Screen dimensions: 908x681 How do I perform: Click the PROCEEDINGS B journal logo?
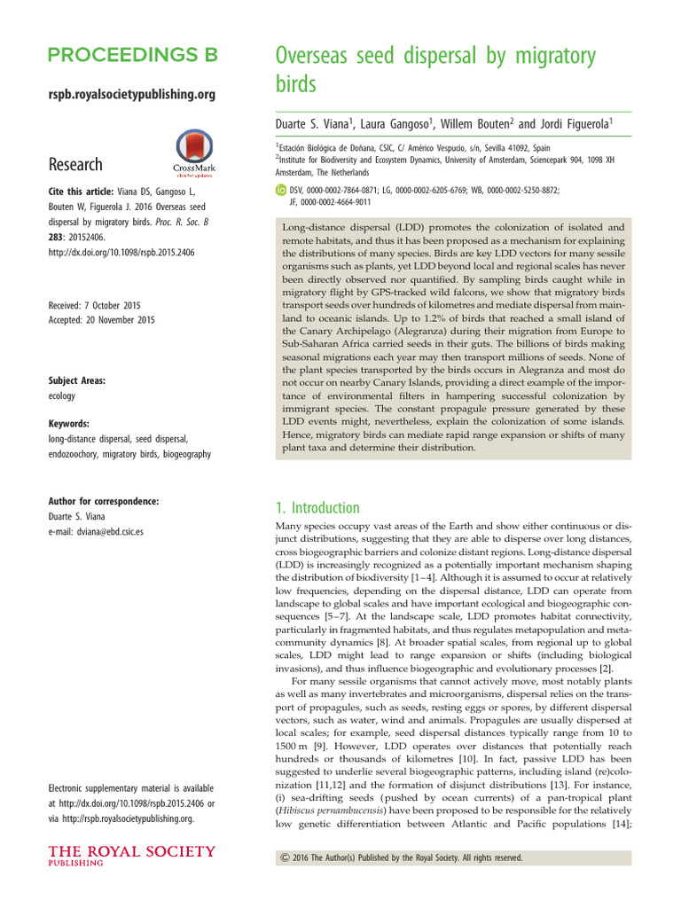(132, 55)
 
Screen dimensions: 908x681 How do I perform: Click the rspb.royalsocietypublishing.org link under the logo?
(132, 93)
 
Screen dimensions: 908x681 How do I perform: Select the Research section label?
(76, 164)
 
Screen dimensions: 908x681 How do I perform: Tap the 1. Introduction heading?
(318, 508)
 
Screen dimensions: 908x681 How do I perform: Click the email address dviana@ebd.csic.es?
(97, 531)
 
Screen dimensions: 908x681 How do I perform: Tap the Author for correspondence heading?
(104, 501)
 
